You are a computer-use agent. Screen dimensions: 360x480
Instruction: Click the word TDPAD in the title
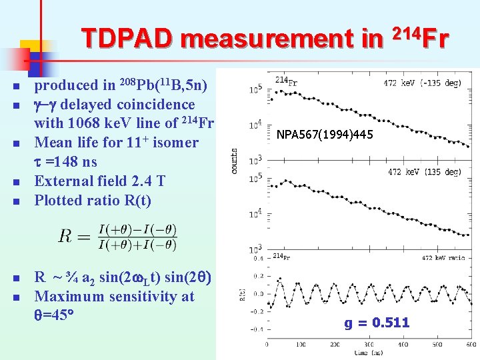coord(127,39)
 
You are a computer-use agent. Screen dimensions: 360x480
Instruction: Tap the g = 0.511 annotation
coord(377,323)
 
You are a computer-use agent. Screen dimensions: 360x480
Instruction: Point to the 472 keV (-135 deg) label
coord(422,84)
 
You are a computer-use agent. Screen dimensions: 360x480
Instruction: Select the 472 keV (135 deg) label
coord(424,172)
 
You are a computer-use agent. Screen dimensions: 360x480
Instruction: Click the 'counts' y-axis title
coord(234,161)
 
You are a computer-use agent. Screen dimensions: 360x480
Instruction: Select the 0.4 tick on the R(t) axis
coord(257,258)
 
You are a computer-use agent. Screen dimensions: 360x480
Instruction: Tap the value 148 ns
coord(74,162)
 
